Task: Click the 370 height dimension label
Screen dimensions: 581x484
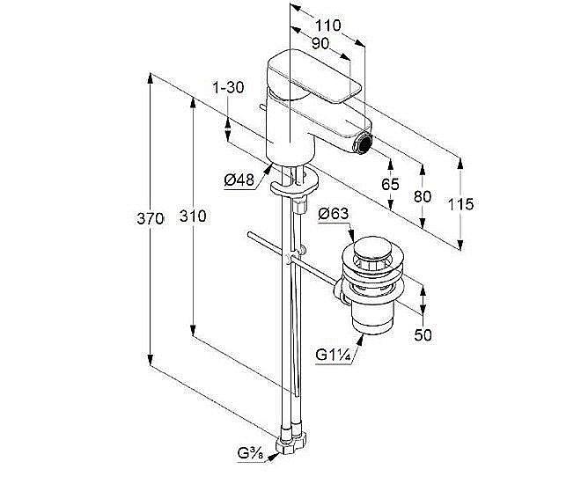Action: (150, 218)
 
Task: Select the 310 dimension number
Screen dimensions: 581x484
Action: (193, 216)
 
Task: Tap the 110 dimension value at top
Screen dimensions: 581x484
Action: (328, 26)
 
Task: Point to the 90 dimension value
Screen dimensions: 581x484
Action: (320, 44)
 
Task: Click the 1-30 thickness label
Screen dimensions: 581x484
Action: (228, 88)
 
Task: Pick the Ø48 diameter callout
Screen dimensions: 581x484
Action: (239, 180)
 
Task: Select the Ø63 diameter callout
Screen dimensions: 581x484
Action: (334, 214)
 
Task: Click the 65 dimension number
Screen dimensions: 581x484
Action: (391, 184)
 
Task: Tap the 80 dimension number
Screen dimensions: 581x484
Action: (423, 196)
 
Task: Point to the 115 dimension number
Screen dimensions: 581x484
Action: (461, 204)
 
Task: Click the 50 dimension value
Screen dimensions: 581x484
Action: (423, 335)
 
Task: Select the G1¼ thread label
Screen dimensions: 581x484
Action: (333, 356)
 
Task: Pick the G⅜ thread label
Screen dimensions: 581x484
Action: (250, 453)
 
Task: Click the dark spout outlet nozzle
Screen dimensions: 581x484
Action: (363, 143)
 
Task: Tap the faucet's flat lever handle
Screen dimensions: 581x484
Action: (315, 75)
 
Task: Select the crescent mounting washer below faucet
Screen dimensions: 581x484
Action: (295, 184)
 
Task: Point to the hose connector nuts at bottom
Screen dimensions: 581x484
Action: (292, 441)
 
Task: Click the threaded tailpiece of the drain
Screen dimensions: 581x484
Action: (372, 316)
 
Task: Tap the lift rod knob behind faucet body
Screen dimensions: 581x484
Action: (262, 107)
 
